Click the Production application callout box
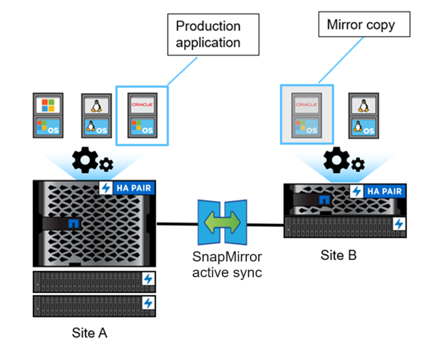pyautogui.click(x=212, y=35)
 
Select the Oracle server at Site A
pyautogui.click(x=142, y=115)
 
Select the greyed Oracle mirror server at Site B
pyautogui.click(x=306, y=115)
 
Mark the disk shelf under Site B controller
pyautogui.click(x=345, y=225)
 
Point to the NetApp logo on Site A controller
pyautogui.click(x=73, y=224)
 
